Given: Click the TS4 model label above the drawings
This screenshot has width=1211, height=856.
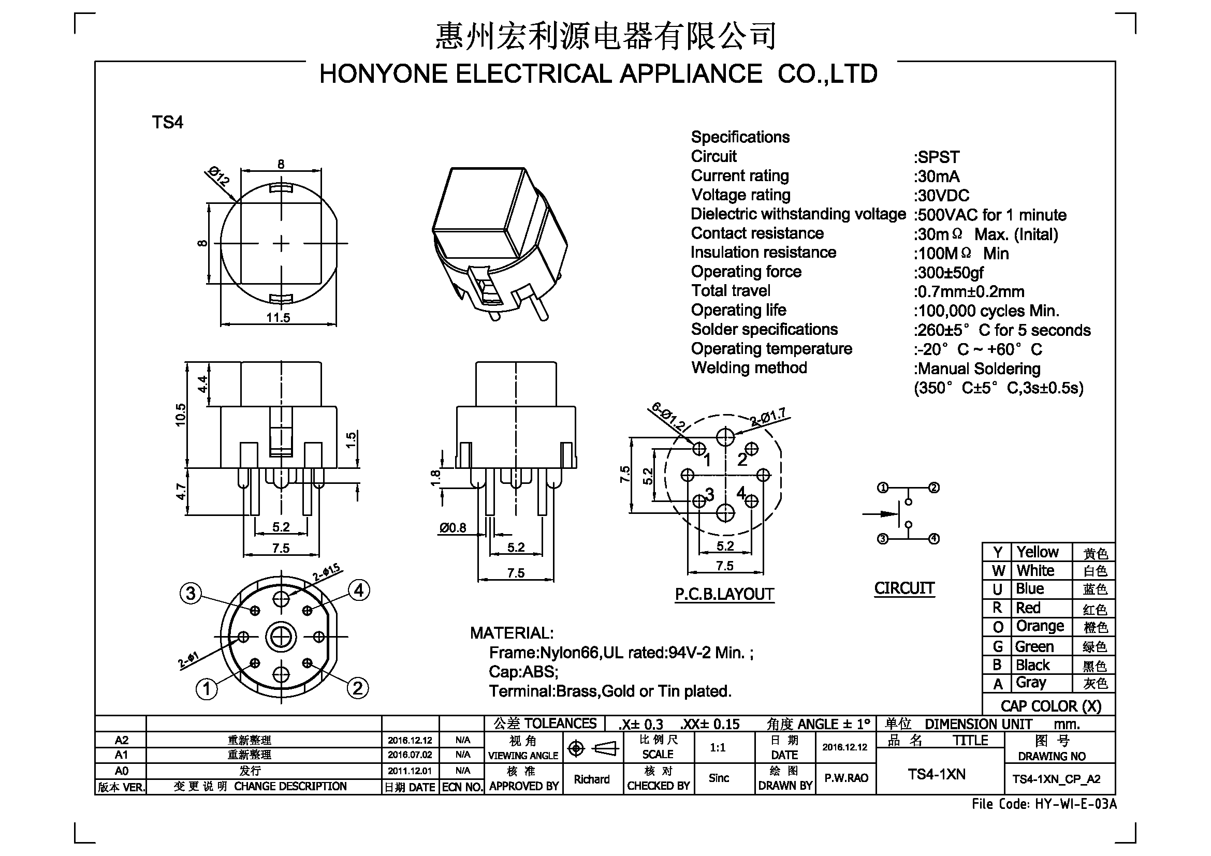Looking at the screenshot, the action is coord(168,122).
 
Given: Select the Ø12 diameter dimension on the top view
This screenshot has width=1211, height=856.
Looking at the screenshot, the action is coord(218,176).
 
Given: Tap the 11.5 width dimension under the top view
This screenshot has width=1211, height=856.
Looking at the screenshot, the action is coord(279,317).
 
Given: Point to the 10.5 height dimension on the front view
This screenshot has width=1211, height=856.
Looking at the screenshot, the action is coord(181,415).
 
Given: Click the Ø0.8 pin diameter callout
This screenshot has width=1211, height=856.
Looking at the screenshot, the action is coord(453,527).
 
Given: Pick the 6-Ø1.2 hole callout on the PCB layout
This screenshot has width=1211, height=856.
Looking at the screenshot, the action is coord(668,417).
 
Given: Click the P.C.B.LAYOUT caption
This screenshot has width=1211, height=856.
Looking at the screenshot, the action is coord(725,595).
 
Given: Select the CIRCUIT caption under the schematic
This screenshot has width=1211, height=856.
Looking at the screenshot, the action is coord(904,588).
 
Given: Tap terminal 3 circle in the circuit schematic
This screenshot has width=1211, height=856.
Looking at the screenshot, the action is coord(882,539).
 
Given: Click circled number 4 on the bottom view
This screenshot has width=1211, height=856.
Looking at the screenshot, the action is coord(359,591).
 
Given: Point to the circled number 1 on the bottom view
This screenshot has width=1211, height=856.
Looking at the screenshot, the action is coord(207,688).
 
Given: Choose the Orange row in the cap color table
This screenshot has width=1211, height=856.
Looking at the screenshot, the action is coord(1048,627).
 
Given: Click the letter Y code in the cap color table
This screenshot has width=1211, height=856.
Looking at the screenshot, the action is coord(997,552).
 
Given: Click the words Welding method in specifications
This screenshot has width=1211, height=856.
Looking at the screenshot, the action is coord(749,367).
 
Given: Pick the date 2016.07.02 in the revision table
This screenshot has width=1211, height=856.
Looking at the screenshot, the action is coord(410,755).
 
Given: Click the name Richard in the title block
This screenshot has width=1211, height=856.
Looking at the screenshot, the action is coord(592,779).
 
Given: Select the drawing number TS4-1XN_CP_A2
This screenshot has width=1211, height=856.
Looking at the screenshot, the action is coord(1057,779).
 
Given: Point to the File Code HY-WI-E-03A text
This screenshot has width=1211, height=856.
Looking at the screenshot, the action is coord(1044,804).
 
